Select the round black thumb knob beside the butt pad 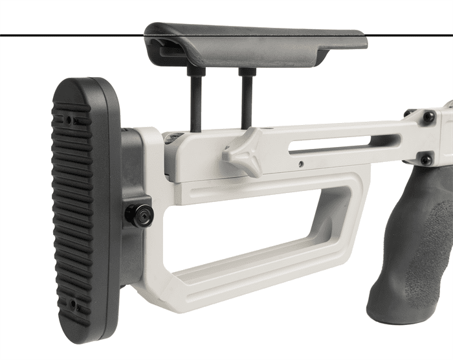point(138,214)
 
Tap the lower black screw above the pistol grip point(426,159)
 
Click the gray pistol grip point(414,246)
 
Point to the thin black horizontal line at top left point(65,34)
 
